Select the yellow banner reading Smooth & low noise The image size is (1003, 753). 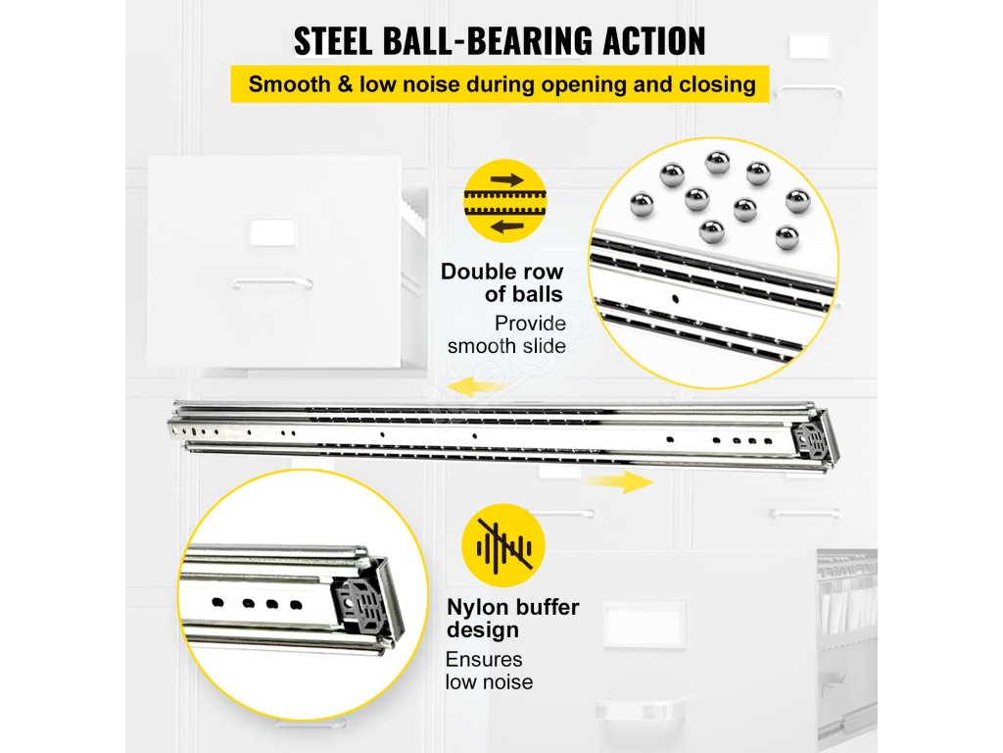click(x=501, y=84)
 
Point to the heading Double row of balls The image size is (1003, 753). click(x=501, y=282)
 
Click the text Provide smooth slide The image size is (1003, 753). click(x=507, y=334)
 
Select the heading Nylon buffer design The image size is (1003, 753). click(x=512, y=618)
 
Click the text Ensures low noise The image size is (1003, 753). click(x=489, y=671)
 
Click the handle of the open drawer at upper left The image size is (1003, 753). click(x=271, y=282)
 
